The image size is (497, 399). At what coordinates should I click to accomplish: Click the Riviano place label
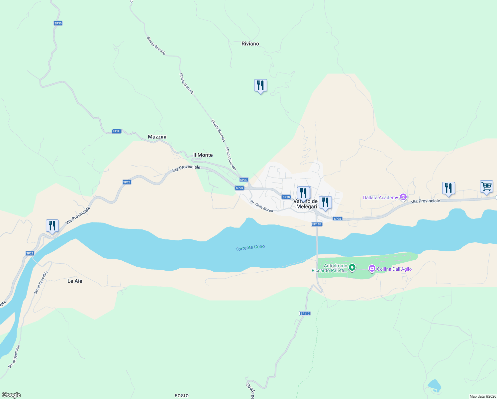pyautogui.click(x=250, y=44)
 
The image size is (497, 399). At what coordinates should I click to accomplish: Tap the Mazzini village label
pyautogui.click(x=157, y=137)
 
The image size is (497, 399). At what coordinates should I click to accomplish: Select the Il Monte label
pyautogui.click(x=203, y=155)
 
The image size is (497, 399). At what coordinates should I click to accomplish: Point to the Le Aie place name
pyautogui.click(x=75, y=281)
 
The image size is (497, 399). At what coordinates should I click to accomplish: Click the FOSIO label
pyautogui.click(x=182, y=396)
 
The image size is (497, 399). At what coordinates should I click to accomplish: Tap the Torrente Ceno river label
pyautogui.click(x=250, y=248)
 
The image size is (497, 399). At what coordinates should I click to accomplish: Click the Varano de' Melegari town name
pyautogui.click(x=305, y=204)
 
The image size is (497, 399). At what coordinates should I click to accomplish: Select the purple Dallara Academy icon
pyautogui.click(x=403, y=198)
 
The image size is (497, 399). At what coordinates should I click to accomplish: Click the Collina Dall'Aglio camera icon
pyautogui.click(x=372, y=269)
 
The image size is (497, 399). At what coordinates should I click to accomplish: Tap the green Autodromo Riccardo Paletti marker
pyautogui.click(x=352, y=267)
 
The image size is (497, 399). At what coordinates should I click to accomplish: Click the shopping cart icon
pyautogui.click(x=486, y=187)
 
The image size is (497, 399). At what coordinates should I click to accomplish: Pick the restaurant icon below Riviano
pyautogui.click(x=260, y=86)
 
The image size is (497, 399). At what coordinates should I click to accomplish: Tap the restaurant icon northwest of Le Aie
pyautogui.click(x=52, y=226)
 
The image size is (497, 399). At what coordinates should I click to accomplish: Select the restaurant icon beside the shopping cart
pyautogui.click(x=448, y=189)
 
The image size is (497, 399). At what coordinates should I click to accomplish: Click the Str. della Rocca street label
pyautogui.click(x=261, y=206)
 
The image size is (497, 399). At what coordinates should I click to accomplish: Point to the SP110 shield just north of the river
pyautogui.click(x=317, y=224)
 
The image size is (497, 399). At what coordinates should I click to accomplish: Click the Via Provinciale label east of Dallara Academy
pyautogui.click(x=425, y=201)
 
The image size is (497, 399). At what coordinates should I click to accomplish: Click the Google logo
pyautogui.click(x=11, y=395)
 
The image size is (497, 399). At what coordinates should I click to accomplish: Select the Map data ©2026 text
pyautogui.click(x=482, y=396)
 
